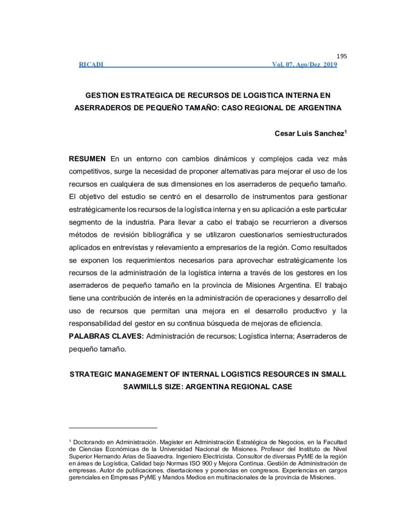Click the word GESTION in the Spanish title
tap(105, 95)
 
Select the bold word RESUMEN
tap(87, 159)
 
